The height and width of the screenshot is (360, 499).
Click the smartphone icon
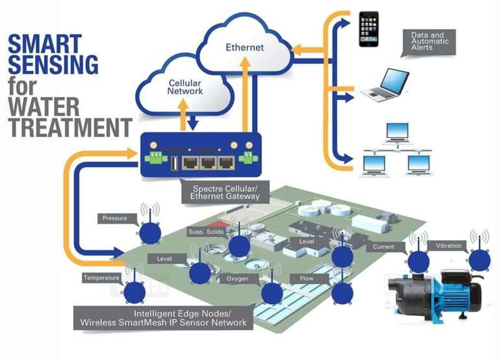tap(368, 29)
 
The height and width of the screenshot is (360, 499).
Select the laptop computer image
tap(385, 85)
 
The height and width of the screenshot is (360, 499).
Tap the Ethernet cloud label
tap(244, 47)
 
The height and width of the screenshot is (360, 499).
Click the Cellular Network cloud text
tap(186, 87)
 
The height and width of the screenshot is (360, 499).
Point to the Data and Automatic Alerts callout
tap(428, 41)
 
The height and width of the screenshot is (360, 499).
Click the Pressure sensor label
tap(115, 218)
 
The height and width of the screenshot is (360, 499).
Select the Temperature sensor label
tap(101, 278)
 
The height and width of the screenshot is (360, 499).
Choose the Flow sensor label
tap(307, 279)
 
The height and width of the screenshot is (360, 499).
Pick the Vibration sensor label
tap(448, 246)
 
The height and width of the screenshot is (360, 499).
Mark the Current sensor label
tap(384, 247)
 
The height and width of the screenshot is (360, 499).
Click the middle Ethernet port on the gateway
tap(208, 164)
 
